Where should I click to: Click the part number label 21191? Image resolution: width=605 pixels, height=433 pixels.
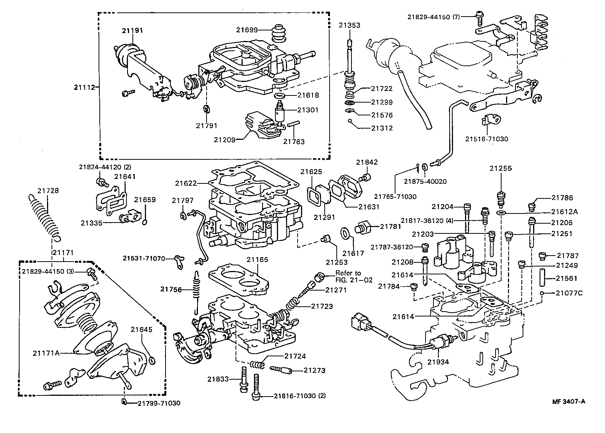[x=132, y=30]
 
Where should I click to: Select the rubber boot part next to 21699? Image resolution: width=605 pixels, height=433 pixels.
[x=279, y=35]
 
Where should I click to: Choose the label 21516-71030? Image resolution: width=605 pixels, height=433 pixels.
[x=486, y=139]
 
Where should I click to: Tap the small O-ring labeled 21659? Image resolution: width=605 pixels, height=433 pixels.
[x=145, y=222]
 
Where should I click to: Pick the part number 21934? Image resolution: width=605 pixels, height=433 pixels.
[x=438, y=362]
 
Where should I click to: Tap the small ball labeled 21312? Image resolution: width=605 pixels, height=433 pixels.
[x=350, y=121]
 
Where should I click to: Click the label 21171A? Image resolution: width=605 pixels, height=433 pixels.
[x=46, y=353]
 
